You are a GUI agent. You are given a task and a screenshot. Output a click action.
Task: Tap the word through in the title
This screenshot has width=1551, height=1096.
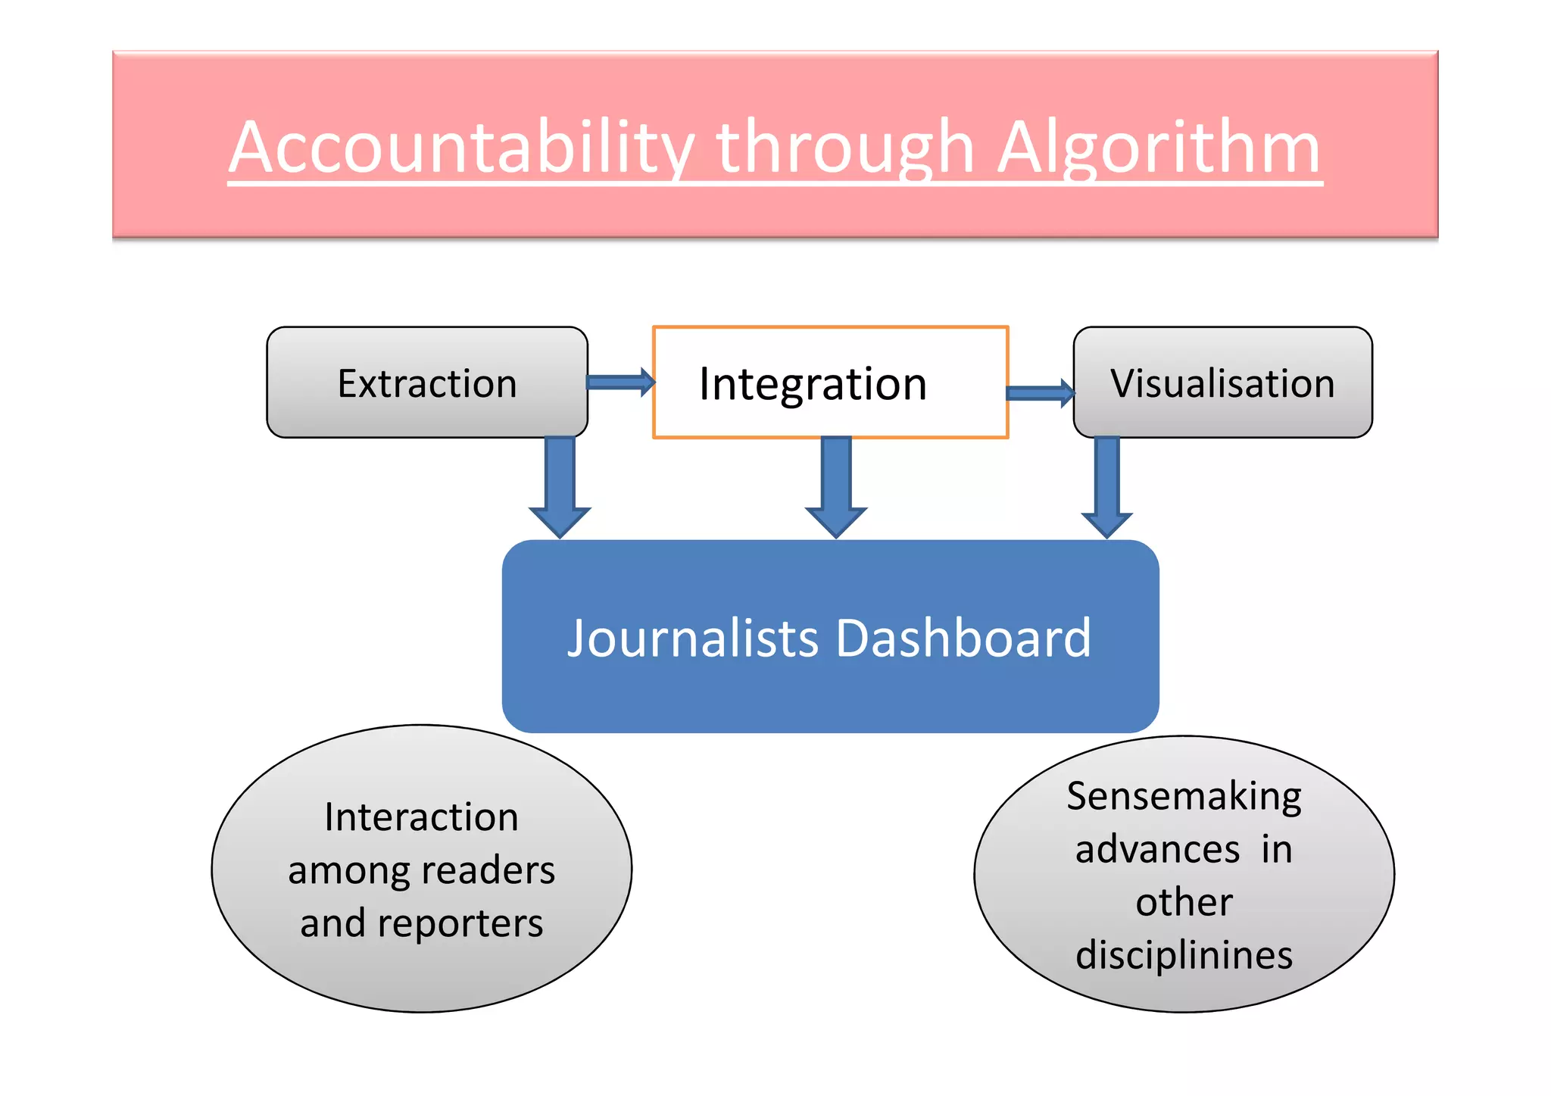click(x=844, y=148)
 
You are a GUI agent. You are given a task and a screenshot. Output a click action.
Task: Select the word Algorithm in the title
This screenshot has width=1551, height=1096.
click(x=1159, y=148)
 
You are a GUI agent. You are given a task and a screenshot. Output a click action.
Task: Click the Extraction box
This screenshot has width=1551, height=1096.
click(x=427, y=383)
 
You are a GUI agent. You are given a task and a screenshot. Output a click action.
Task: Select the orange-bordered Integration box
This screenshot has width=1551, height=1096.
click(x=830, y=383)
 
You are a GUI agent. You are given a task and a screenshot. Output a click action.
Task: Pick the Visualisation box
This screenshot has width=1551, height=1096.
click(x=1222, y=383)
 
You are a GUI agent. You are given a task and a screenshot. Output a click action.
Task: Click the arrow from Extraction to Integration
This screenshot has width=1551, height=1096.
click(x=620, y=382)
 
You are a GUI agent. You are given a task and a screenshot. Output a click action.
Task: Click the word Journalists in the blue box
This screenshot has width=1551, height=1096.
click(x=692, y=638)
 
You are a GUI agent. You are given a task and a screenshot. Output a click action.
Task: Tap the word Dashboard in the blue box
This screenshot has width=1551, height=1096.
click(x=963, y=638)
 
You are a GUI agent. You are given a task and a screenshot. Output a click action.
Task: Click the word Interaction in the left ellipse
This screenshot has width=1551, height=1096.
click(x=421, y=817)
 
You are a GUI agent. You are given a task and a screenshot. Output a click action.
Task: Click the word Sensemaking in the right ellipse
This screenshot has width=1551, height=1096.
click(x=1184, y=797)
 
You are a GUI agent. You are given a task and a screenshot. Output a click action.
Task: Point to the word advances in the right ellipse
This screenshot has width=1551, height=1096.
click(x=1157, y=849)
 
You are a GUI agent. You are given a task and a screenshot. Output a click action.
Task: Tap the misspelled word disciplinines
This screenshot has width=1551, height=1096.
click(x=1184, y=954)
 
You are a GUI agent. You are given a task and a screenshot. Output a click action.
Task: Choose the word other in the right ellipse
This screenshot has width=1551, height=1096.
click(x=1184, y=902)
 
